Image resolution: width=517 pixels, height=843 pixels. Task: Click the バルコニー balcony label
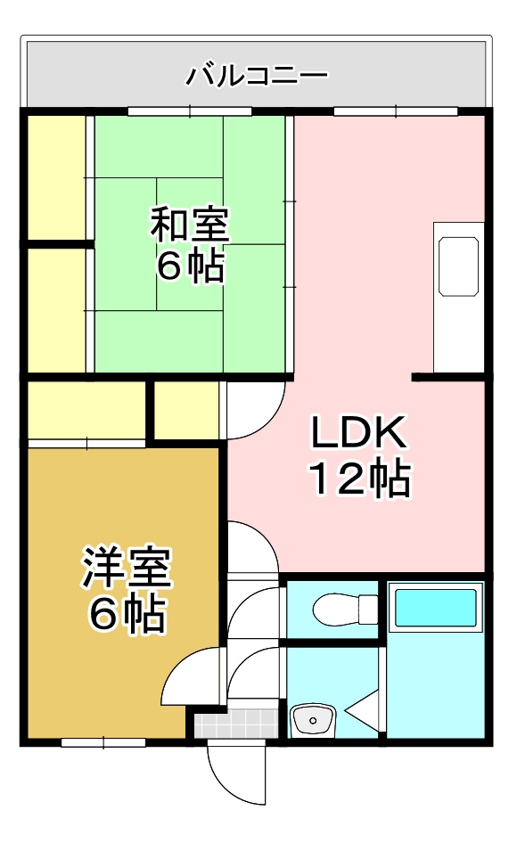pyautogui.click(x=257, y=75)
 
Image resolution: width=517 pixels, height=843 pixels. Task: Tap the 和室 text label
pyautogui.click(x=190, y=225)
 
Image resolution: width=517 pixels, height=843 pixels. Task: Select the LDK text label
pyautogui.click(x=358, y=434)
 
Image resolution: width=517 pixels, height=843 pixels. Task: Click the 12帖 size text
pyautogui.click(x=359, y=480)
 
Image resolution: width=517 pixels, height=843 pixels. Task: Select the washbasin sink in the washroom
pyautogui.click(x=312, y=718)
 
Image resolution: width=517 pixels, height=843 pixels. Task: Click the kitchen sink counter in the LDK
pyautogui.click(x=458, y=267)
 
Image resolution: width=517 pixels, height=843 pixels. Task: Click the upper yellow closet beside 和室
pyautogui.click(x=56, y=176)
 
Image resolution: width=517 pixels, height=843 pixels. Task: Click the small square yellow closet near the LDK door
pyautogui.click(x=186, y=409)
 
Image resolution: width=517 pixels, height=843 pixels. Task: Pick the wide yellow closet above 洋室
pyautogui.click(x=86, y=410)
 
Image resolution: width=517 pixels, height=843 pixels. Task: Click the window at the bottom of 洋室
pyautogui.click(x=103, y=741)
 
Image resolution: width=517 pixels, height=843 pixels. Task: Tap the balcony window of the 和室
pyautogui.click(x=190, y=111)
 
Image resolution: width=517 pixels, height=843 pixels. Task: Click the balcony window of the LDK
pyautogui.click(x=395, y=111)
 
